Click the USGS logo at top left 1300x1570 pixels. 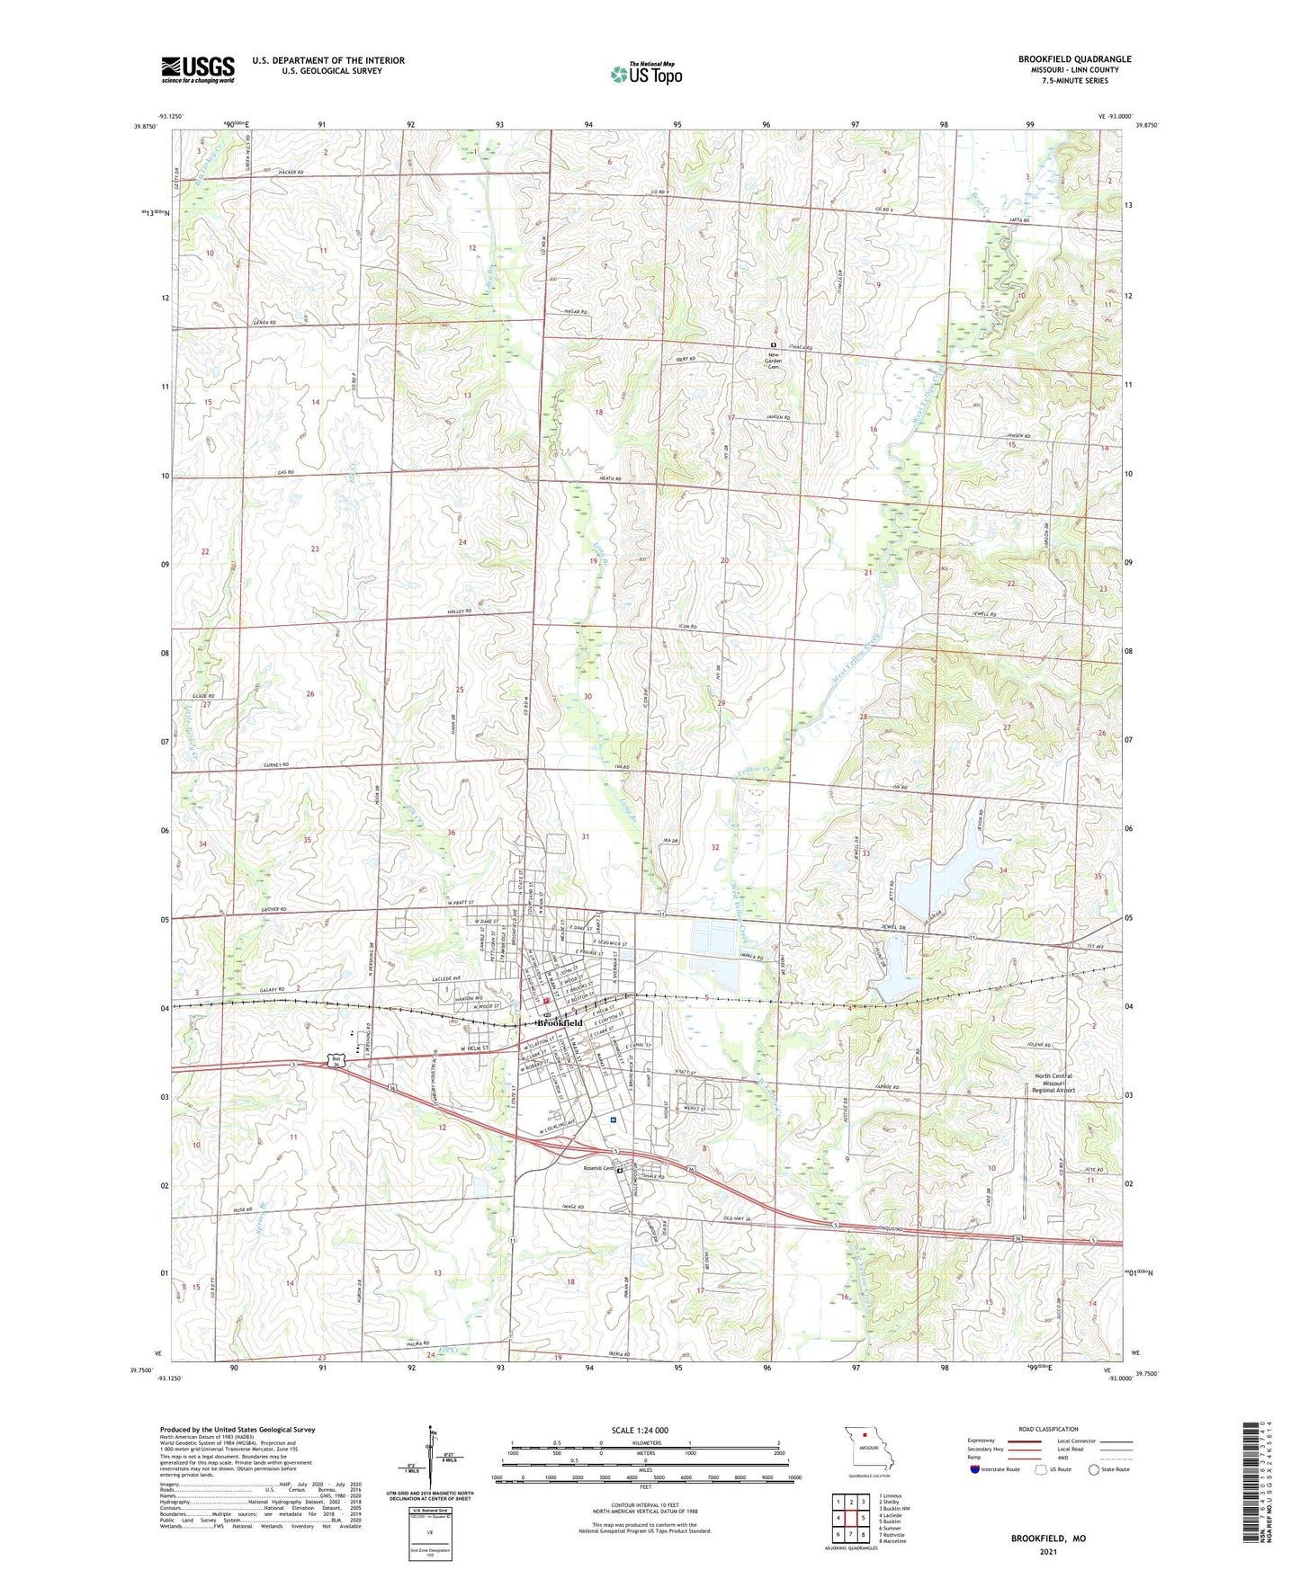pos(198,68)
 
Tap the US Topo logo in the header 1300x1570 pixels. pos(646,74)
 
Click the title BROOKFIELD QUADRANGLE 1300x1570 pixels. pos(1074,59)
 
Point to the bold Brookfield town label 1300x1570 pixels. pos(560,1023)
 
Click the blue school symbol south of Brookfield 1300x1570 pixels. pos(613,1120)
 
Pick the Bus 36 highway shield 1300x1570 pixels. pos(336,1059)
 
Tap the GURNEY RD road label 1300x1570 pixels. pos(276,764)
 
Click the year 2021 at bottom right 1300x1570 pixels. pos(1048,1551)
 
